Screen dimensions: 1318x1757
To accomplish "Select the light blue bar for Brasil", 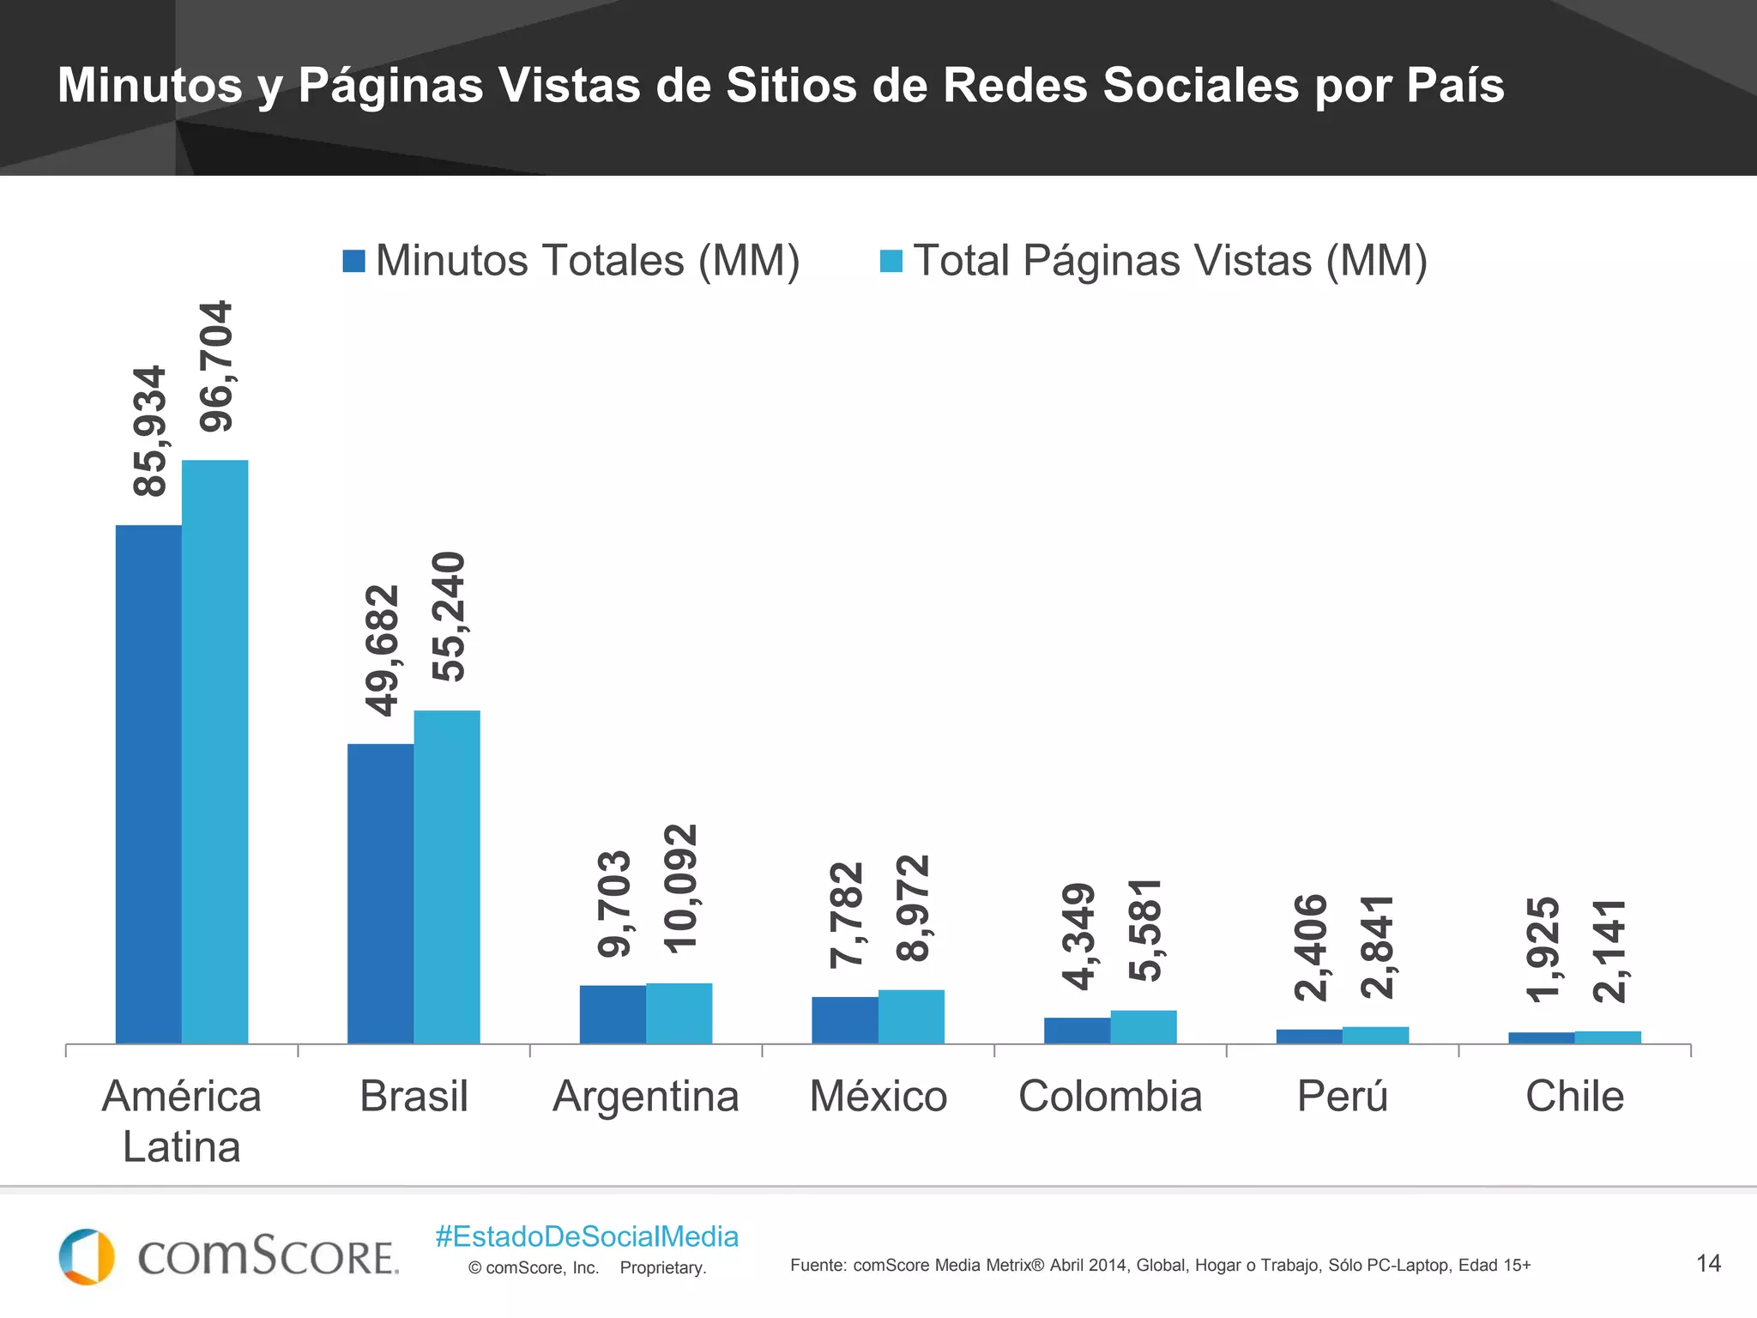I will (447, 876).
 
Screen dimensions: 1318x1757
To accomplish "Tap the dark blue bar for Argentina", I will (613, 1014).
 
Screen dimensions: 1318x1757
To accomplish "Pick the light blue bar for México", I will (911, 1017).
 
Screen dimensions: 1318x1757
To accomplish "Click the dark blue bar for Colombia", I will (1077, 1031).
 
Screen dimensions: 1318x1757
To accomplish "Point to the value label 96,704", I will (215, 366).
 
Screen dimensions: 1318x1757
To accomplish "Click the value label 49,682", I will (382, 650).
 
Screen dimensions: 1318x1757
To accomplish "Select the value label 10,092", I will (680, 888).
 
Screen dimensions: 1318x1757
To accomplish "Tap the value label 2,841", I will (1377, 946).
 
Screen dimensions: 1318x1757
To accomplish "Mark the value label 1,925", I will (1543, 949).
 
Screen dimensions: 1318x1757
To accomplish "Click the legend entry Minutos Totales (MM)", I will (571, 261).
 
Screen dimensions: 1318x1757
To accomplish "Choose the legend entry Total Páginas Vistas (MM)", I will (1154, 261).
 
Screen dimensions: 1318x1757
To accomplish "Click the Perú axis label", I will (1342, 1097).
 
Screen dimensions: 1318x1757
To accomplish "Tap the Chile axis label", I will (1574, 1097).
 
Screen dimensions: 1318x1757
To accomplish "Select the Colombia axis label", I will (1110, 1097).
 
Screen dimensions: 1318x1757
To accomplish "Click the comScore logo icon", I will (86, 1256).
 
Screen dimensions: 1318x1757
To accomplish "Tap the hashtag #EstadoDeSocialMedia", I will (587, 1236).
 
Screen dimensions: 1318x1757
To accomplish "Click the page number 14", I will (1708, 1263).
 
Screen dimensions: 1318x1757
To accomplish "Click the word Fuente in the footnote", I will (817, 1266).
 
